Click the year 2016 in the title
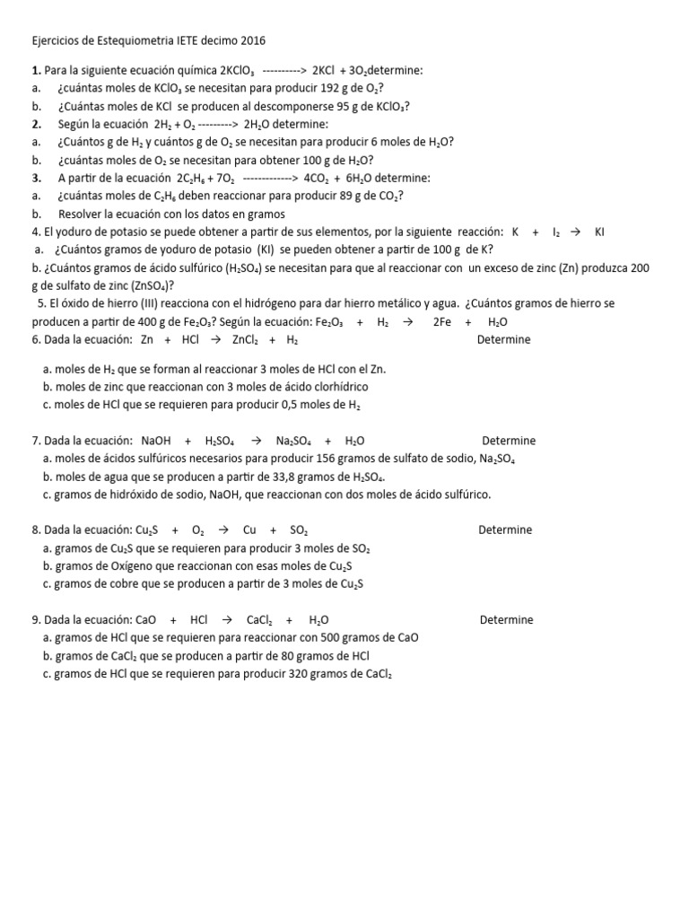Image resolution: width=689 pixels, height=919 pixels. coord(253,40)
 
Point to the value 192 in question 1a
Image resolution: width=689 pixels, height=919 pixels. coord(329,88)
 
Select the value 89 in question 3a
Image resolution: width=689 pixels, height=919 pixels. coord(341,196)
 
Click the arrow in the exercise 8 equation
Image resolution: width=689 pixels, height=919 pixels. coord(223,530)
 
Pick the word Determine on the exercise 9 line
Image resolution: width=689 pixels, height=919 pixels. coord(506,620)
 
